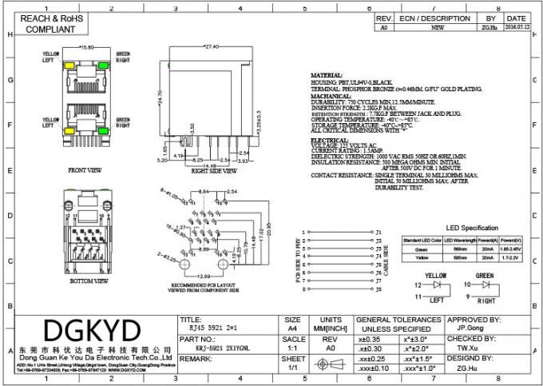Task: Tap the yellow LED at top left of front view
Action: (x=69, y=66)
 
